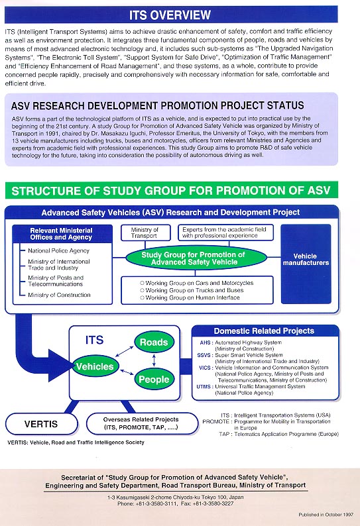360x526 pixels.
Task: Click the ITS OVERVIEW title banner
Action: pyautogui.click(x=171, y=15)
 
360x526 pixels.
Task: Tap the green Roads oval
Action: pyautogui.click(x=154, y=342)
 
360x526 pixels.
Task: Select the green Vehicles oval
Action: pyautogui.click(x=95, y=366)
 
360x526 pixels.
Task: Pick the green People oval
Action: pyautogui.click(x=154, y=379)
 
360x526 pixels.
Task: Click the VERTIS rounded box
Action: pyautogui.click(x=41, y=424)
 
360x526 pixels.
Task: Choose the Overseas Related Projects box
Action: pyautogui.click(x=142, y=423)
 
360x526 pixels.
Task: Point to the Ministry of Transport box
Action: pyautogui.click(x=145, y=233)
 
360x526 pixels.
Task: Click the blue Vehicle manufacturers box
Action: pyautogui.click(x=306, y=264)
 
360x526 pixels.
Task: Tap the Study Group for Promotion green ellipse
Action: pyautogui.click(x=196, y=258)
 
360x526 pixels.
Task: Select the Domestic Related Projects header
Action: pyautogui.click(x=265, y=331)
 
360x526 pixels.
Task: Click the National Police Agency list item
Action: pyautogui.click(x=58, y=250)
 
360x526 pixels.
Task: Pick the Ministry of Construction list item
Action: pyautogui.click(x=59, y=295)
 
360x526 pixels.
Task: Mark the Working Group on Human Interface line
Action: pyautogui.click(x=190, y=297)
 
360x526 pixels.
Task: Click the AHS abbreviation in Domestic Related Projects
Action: pyautogui.click(x=205, y=342)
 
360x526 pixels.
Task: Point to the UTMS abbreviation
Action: pyautogui.click(x=204, y=386)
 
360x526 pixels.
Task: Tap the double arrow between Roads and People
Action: pyautogui.click(x=154, y=360)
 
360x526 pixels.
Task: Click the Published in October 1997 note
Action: pyautogui.click(x=326, y=515)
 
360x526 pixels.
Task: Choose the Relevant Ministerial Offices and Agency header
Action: pyautogui.click(x=61, y=234)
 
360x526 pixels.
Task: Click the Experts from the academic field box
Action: pyautogui.click(x=225, y=233)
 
